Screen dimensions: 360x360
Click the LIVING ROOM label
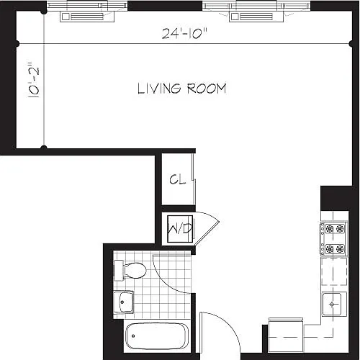pos(182,89)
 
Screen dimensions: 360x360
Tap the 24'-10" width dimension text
pos(184,33)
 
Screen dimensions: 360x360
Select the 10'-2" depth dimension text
pos(34,81)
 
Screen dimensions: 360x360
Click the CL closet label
pos(178,179)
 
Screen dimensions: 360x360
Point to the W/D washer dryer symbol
pos(180,229)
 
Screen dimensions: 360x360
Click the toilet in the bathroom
pos(130,271)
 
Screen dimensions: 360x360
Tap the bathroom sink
pos(123,302)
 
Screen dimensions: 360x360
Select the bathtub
pos(157,336)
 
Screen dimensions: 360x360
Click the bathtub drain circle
pos(133,336)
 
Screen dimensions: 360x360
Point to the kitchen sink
pos(332,305)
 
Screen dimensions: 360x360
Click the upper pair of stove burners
pos(335,229)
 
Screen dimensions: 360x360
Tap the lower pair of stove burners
pos(335,249)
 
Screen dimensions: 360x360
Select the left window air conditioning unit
pos(87,17)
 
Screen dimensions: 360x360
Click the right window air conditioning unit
pos(256,17)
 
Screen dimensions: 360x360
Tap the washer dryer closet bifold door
pos(207,229)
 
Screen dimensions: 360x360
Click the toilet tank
pos(119,271)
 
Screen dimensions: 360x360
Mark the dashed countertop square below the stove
pos(334,271)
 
